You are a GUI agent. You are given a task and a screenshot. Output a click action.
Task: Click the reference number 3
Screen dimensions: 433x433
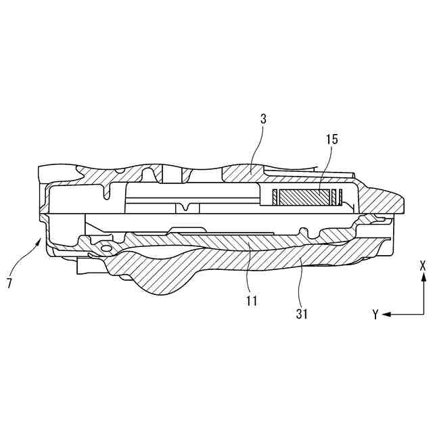click(x=264, y=118)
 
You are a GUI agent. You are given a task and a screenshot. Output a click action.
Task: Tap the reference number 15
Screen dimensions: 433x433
click(x=332, y=139)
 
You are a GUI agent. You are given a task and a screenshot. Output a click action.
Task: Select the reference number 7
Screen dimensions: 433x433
click(x=9, y=283)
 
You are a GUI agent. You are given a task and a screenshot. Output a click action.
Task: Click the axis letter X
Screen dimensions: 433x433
click(x=423, y=266)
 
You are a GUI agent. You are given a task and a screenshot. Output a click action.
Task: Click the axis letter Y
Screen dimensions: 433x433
click(x=374, y=315)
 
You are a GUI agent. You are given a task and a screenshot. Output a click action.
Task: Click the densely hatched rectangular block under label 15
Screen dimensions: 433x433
click(x=308, y=198)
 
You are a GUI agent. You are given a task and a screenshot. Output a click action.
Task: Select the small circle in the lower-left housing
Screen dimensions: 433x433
click(x=105, y=249)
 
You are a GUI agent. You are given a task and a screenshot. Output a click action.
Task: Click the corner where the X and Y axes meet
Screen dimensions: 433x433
click(x=423, y=315)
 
